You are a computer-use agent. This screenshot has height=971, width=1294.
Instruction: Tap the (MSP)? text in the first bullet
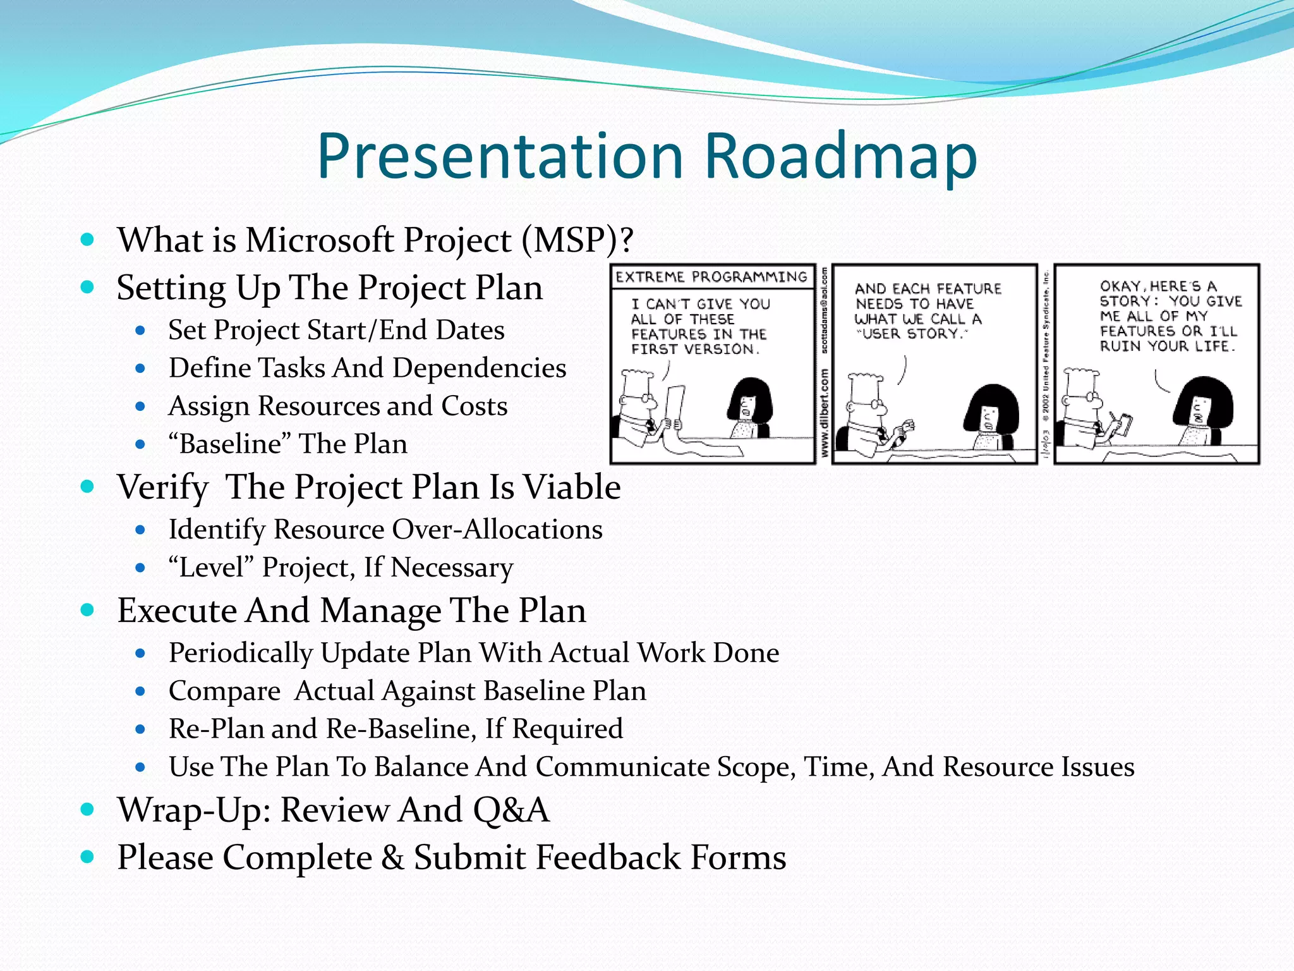[x=577, y=240]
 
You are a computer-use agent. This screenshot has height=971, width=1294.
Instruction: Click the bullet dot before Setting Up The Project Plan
[x=88, y=288]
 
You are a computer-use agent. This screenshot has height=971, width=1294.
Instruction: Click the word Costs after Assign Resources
[x=475, y=406]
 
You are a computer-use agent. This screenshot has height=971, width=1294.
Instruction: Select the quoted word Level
[x=211, y=568]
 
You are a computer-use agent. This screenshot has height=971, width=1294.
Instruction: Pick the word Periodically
[x=241, y=653]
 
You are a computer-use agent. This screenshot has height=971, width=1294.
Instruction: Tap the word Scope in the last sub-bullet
[x=756, y=767]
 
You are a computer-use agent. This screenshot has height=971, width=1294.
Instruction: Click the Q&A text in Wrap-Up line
[x=511, y=810]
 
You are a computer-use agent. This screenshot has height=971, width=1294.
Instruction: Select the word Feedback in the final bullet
[x=607, y=858]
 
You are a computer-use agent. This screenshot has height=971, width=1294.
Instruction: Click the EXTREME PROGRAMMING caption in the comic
[x=711, y=277]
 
